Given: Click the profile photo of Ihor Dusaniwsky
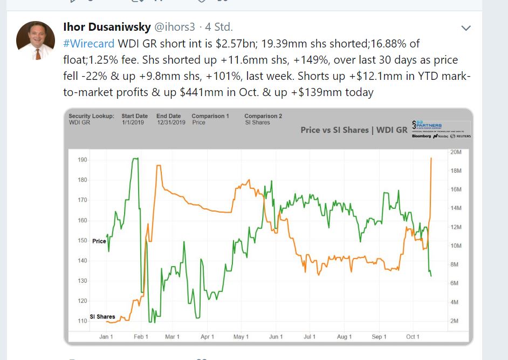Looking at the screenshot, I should tap(36, 40).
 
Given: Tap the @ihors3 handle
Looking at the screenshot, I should tap(175, 26).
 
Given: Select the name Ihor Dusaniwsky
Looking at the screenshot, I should tap(107, 26).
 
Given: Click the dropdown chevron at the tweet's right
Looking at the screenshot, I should tap(466, 28).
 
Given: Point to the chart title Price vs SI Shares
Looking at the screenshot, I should tap(353, 130).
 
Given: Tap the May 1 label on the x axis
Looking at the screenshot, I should tap(241, 337).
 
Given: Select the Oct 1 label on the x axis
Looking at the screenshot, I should tap(413, 337).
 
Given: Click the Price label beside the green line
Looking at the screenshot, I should tap(99, 241).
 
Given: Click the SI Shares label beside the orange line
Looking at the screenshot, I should tap(102, 317).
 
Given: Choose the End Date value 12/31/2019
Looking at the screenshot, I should tap(170, 123).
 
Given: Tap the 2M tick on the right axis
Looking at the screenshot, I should tap(454, 321).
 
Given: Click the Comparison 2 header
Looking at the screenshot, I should tap(263, 116).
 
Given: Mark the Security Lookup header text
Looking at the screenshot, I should tap(91, 116).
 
